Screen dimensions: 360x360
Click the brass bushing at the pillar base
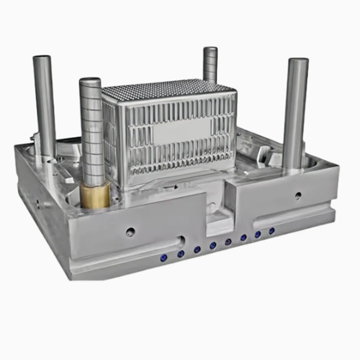pos(95,196)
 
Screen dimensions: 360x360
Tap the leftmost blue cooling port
pos(164,257)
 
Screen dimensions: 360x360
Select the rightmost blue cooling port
pos(272,231)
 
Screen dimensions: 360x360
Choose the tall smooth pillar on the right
pos(296,112)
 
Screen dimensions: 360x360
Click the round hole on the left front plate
pos(130,232)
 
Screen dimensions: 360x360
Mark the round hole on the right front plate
pos(298,195)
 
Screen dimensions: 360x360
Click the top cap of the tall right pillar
pos(298,61)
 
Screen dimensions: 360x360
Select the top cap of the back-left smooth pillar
pos(42,58)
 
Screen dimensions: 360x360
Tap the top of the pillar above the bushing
pos(90,81)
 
